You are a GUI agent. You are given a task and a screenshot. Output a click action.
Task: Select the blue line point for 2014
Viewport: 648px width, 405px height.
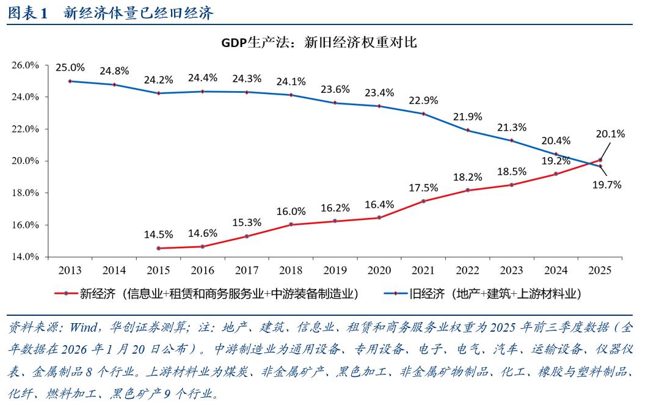(x=114, y=84)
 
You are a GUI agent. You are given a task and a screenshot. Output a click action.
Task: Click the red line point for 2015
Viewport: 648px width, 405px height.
(x=159, y=248)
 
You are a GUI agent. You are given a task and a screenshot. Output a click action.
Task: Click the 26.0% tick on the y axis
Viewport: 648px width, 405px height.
(x=26, y=65)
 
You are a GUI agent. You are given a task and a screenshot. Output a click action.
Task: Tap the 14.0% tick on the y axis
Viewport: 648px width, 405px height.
(x=26, y=257)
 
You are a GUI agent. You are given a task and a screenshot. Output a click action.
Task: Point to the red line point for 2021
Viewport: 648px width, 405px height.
(x=424, y=201)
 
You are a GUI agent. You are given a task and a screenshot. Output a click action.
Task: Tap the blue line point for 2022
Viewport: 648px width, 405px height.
(x=468, y=130)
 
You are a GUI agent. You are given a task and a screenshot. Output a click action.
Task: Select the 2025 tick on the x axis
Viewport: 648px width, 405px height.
(x=601, y=269)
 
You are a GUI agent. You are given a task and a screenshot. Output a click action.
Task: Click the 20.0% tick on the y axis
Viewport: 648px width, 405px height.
(x=26, y=161)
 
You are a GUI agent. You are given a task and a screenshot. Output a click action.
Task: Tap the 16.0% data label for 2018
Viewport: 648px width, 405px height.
(x=291, y=211)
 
